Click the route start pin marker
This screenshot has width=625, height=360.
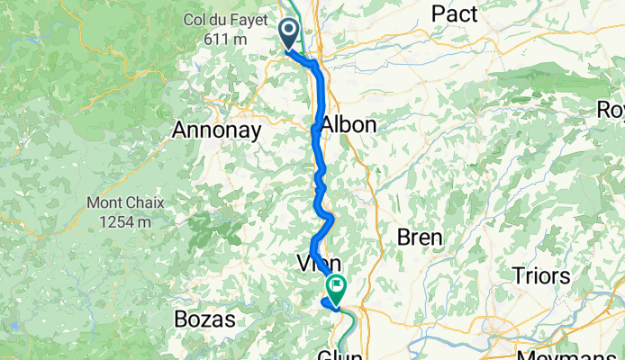click(x=289, y=34)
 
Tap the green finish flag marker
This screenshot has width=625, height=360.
click(x=337, y=289)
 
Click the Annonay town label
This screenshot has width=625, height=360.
click(x=217, y=131)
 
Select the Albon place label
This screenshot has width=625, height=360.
click(x=349, y=125)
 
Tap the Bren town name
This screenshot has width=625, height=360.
click(x=419, y=238)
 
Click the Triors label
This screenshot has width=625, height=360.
click(x=543, y=275)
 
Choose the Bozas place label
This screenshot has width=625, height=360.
click(x=204, y=319)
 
